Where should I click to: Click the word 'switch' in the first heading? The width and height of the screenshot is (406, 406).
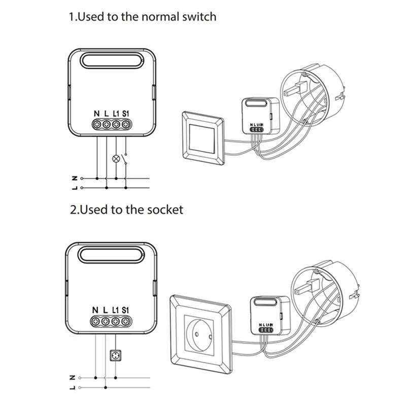[197, 17]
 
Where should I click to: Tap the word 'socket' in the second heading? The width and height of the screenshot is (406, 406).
[164, 209]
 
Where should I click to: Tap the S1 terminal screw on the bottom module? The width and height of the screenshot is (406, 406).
[125, 321]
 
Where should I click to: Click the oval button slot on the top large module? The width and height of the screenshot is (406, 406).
[110, 62]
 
